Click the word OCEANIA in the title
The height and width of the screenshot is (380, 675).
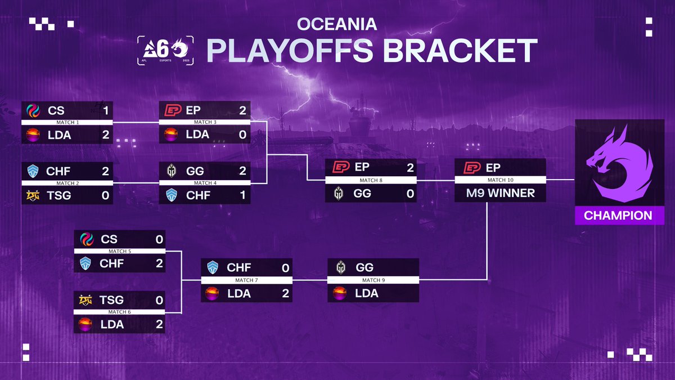337,24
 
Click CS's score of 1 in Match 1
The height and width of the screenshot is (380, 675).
106,111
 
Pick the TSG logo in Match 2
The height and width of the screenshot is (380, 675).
33,196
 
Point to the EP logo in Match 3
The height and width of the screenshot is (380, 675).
173,110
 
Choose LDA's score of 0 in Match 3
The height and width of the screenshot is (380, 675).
242,135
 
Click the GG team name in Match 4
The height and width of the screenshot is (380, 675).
195,171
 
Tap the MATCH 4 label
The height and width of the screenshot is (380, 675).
205,183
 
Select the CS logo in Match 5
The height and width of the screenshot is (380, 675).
87,239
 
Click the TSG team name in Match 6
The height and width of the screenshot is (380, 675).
111,300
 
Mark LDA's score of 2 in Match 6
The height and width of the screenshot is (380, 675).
159,324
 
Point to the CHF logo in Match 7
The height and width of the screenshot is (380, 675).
213,267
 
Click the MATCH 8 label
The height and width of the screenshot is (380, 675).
371,180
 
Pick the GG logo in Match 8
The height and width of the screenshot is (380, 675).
339,193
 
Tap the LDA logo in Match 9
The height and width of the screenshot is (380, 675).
340,293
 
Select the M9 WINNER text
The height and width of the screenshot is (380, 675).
501,193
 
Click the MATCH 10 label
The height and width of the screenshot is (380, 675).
501,180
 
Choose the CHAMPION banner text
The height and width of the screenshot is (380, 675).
618,216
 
